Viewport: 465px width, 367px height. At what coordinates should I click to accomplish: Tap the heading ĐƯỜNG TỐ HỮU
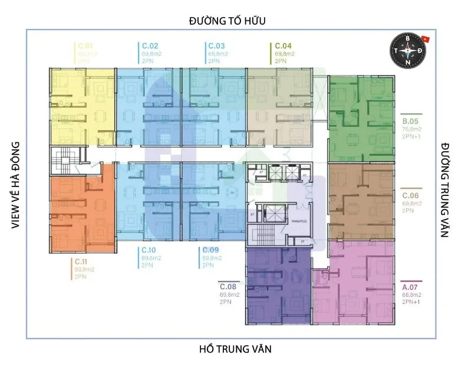[x=227, y=21]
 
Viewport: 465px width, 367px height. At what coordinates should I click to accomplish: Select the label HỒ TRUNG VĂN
[x=235, y=349]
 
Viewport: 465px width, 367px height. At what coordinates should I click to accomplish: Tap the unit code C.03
[x=216, y=45]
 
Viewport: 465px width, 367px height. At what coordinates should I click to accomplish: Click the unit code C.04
[x=283, y=45]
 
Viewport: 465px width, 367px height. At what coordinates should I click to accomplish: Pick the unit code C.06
[x=410, y=195]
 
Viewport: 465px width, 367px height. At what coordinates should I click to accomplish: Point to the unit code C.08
[x=228, y=285]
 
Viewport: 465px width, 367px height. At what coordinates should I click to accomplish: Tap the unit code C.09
[x=211, y=250]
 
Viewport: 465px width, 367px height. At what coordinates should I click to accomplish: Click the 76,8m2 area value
[x=413, y=131]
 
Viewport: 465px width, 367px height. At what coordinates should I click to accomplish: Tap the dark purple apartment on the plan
[x=277, y=286]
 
